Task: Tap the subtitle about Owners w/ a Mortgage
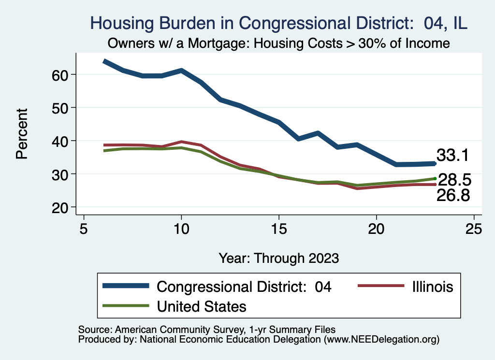tap(279, 43)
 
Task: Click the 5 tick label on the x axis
tap(84, 228)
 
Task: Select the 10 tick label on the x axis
tap(181, 228)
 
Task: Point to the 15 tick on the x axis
tap(279, 228)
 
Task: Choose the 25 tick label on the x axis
tap(474, 228)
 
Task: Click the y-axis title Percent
tap(21, 141)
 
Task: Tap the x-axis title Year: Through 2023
tap(279, 257)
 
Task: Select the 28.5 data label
tap(454, 180)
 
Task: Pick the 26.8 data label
tap(453, 195)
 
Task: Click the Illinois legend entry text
tap(433, 287)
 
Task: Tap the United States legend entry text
tap(202, 306)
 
